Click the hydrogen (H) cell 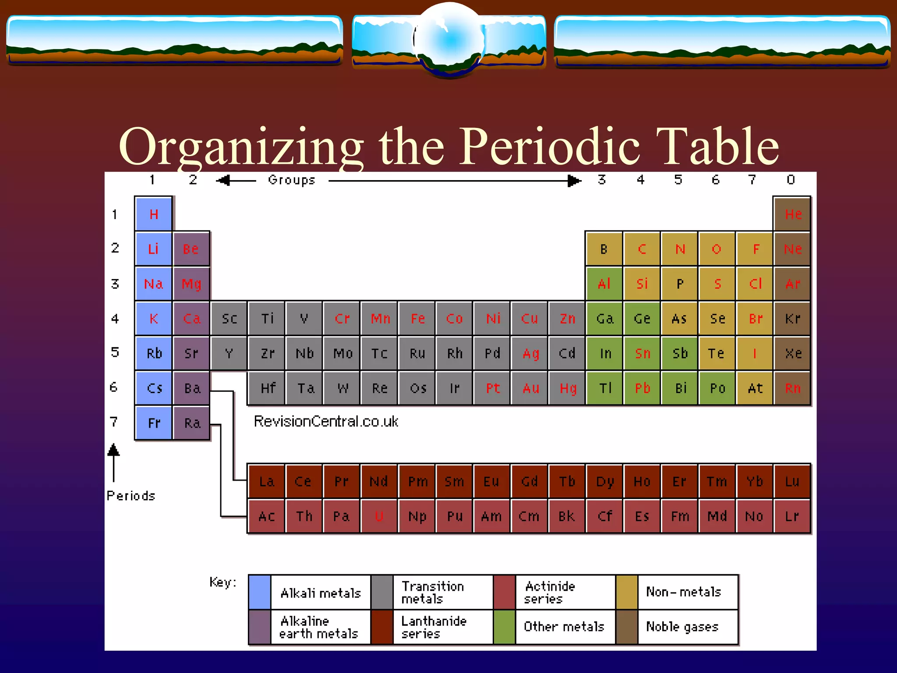tap(153, 214)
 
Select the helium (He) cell tap(792, 214)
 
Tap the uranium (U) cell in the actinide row tap(379, 516)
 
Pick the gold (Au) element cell tap(530, 388)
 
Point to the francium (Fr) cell tap(154, 423)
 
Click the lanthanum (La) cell tap(266, 482)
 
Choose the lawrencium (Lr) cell tap(792, 516)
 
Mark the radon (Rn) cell tap(792, 388)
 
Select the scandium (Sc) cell tap(229, 319)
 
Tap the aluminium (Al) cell tap(604, 284)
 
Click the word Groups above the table tap(292, 180)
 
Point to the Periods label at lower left tap(131, 496)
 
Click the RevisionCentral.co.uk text tap(326, 422)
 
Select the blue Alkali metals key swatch tap(260, 592)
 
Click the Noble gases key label tap(682, 627)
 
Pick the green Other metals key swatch tap(505, 627)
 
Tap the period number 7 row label tap(114, 422)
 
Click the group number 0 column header tap(791, 180)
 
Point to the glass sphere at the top tap(449, 39)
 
